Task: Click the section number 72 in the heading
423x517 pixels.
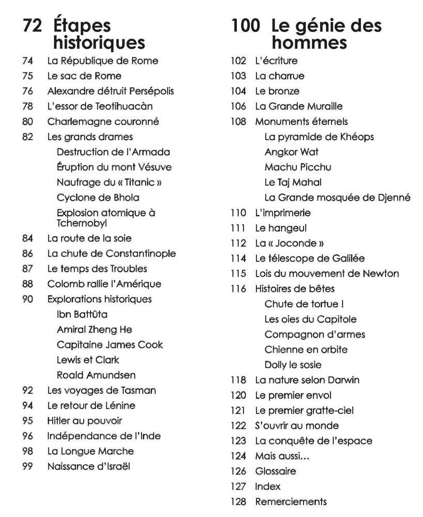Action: tap(32, 26)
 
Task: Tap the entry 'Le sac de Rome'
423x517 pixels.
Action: tap(84, 76)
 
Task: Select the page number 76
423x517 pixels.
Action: tap(28, 91)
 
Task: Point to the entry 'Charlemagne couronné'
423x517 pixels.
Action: tap(103, 121)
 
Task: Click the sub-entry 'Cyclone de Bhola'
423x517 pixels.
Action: tap(98, 197)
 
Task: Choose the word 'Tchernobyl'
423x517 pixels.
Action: tap(82, 223)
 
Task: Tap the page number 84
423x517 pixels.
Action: tap(28, 238)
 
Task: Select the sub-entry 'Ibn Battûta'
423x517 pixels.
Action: tap(82, 314)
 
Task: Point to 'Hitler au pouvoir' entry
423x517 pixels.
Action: tap(84, 421)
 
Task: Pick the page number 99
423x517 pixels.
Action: tap(28, 466)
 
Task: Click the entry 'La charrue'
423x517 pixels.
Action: tap(280, 76)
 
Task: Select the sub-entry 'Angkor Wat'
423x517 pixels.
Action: tap(291, 152)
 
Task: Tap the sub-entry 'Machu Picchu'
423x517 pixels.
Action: tap(298, 167)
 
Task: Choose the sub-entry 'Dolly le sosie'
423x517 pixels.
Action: tap(293, 364)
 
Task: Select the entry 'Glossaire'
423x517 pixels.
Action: tap(276, 471)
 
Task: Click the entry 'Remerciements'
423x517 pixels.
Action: tap(291, 501)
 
